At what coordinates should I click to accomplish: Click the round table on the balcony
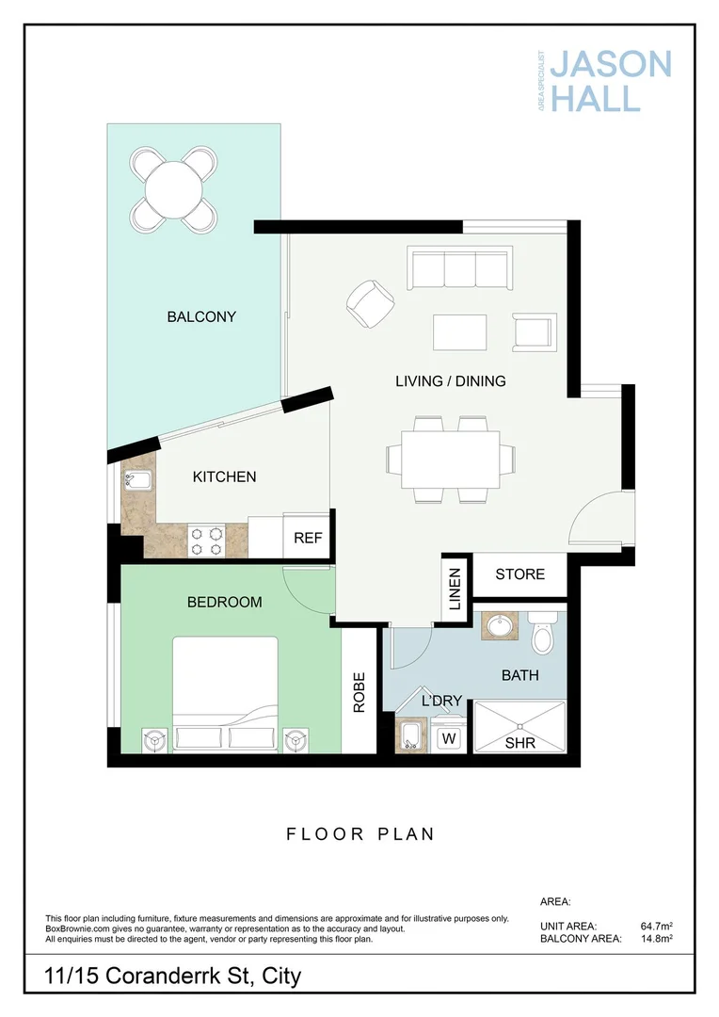[x=176, y=188]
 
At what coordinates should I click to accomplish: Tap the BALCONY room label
[x=201, y=316]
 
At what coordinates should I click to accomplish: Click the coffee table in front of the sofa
[x=459, y=332]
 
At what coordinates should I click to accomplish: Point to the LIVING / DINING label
[x=450, y=381]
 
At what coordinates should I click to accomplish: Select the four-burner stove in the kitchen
[x=207, y=541]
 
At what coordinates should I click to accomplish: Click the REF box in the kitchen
[x=308, y=539]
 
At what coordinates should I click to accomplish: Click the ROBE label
[x=359, y=692]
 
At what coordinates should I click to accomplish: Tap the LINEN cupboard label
[x=455, y=589]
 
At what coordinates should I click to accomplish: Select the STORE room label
[x=519, y=573]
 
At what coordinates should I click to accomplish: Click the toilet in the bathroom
[x=543, y=635]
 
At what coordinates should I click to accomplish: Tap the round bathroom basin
[x=499, y=626]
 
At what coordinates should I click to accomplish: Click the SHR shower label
[x=519, y=741]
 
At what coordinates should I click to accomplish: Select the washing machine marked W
[x=449, y=738]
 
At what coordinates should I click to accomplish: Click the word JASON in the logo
[x=610, y=65]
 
